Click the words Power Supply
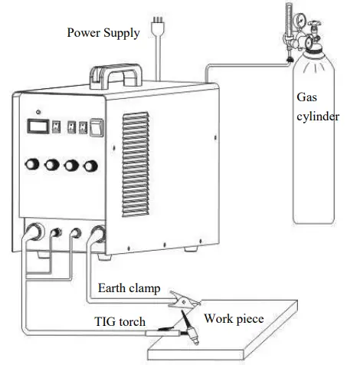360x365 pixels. coord(103,33)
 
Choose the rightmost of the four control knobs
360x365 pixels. coord(93,165)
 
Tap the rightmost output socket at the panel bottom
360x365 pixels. coord(98,235)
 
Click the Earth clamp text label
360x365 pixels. coord(129,288)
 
